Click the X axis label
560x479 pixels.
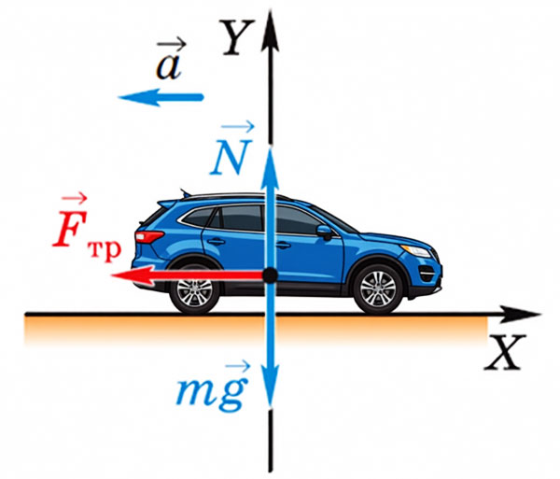coord(505,352)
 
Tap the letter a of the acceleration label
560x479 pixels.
coord(169,67)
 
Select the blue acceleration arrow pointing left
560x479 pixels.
coord(161,97)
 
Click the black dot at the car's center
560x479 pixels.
coord(271,275)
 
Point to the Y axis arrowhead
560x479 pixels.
coord(271,31)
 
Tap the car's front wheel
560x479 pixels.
coord(378,289)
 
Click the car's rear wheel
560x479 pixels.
coord(195,289)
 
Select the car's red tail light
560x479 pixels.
coord(148,236)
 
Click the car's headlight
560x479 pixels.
coord(417,250)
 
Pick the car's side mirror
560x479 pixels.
coord(324,232)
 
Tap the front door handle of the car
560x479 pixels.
coord(283,245)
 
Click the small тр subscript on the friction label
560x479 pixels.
coord(104,251)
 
